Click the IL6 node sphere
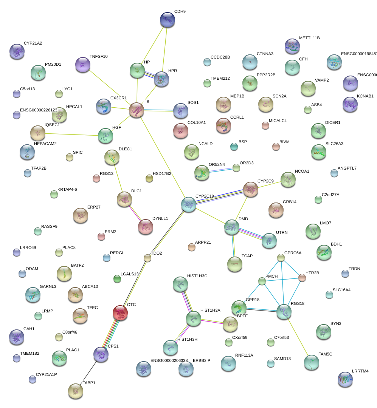[x=137, y=110]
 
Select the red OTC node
[x=120, y=312]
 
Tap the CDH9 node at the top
[x=167, y=20]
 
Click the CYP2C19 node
[x=188, y=204]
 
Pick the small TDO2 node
[x=147, y=258]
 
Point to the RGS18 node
[x=284, y=312]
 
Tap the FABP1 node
[x=75, y=391]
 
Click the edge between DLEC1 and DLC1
[x=118, y=176]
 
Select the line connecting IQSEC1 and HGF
[x=71, y=134]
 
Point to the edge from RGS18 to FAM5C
[x=298, y=338]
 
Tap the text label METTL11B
[x=309, y=38]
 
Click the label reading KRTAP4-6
[x=67, y=189]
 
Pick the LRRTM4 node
[x=344, y=379]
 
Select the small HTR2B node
[x=302, y=278]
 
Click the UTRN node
[x=269, y=241]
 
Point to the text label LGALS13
[x=130, y=274]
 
